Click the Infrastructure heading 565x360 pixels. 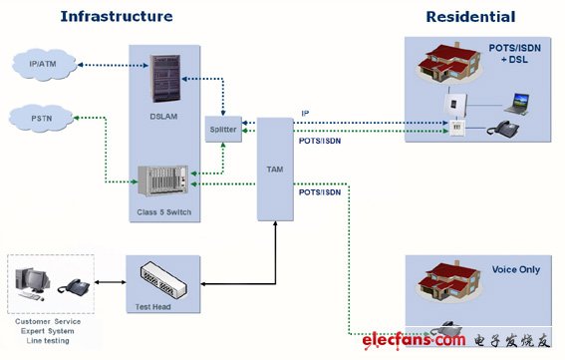point(117,17)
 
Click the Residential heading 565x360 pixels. point(470,17)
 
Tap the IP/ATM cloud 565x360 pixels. point(44,65)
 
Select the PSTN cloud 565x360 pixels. point(41,118)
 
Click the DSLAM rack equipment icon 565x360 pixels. point(165,78)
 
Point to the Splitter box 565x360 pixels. point(223,129)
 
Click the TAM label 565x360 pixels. point(275,170)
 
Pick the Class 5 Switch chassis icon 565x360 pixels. point(163,180)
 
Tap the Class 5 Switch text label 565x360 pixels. point(164,212)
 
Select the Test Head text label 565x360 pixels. point(152,307)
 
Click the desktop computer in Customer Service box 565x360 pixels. point(32,284)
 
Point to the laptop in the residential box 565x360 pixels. point(517,104)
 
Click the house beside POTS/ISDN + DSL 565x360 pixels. point(449,63)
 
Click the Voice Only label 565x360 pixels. point(516,269)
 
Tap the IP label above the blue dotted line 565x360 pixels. point(305,114)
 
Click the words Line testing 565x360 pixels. point(48,340)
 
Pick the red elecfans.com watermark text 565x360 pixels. point(414,340)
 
